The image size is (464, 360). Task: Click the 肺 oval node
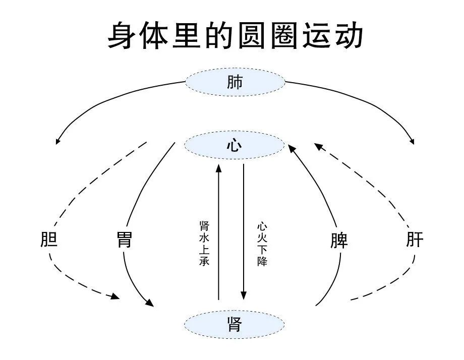click(235, 82)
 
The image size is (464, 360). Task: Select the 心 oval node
click(235, 146)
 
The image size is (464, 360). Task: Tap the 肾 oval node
click(235, 324)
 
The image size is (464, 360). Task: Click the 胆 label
click(49, 240)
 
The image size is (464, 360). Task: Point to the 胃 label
click(124, 240)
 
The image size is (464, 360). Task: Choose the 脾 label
click(339, 241)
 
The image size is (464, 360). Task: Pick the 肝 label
click(415, 240)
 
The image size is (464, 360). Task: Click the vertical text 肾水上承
click(204, 243)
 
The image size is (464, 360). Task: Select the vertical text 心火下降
click(262, 245)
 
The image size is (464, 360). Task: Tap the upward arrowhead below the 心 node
click(219, 168)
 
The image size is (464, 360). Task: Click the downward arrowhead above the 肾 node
click(244, 295)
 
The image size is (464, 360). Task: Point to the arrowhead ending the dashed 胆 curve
click(116, 297)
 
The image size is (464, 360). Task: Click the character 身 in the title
click(124, 35)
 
